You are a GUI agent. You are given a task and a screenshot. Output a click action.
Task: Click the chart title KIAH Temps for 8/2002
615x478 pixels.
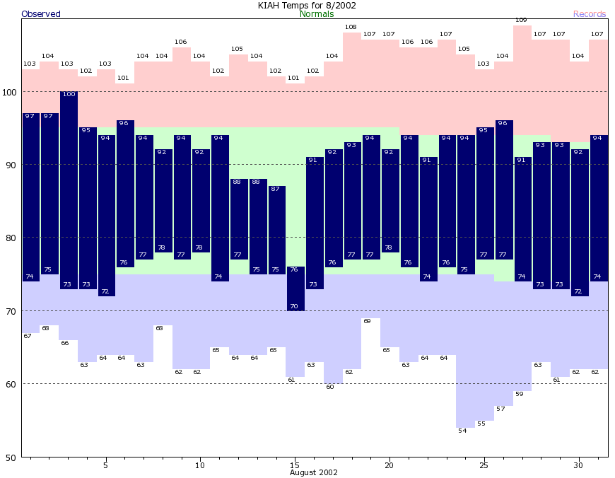(307, 5)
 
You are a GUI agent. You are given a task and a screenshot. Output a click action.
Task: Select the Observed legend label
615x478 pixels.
(41, 14)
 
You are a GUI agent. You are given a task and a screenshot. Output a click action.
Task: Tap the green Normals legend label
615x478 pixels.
(317, 14)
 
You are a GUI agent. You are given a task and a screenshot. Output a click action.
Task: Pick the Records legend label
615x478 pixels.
(590, 14)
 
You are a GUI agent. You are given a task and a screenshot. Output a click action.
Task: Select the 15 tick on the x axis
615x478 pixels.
(295, 465)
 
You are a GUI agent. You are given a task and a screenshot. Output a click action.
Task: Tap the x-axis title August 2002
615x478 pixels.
(313, 472)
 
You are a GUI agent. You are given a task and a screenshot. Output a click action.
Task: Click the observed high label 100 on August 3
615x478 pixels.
(69, 95)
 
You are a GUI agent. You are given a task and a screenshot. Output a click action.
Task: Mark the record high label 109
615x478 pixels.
(521, 20)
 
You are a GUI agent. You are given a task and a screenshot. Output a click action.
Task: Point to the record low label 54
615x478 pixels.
(462, 431)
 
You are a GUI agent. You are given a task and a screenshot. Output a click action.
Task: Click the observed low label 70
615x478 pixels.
(294, 307)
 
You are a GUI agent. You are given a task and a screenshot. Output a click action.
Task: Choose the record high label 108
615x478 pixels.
(351, 27)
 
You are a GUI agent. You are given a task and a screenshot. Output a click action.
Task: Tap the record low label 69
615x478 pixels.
(367, 322)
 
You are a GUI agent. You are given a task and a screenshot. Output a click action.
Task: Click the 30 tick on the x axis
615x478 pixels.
(579, 465)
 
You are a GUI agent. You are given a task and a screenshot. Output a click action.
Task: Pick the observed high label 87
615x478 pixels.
(275, 190)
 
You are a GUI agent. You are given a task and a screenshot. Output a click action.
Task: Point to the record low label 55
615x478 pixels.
(481, 424)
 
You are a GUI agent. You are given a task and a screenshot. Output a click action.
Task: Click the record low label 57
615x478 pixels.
(500, 409)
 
